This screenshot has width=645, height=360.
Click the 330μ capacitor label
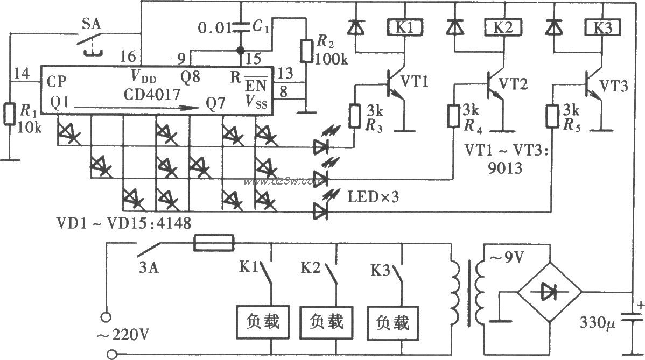tap(598, 323)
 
